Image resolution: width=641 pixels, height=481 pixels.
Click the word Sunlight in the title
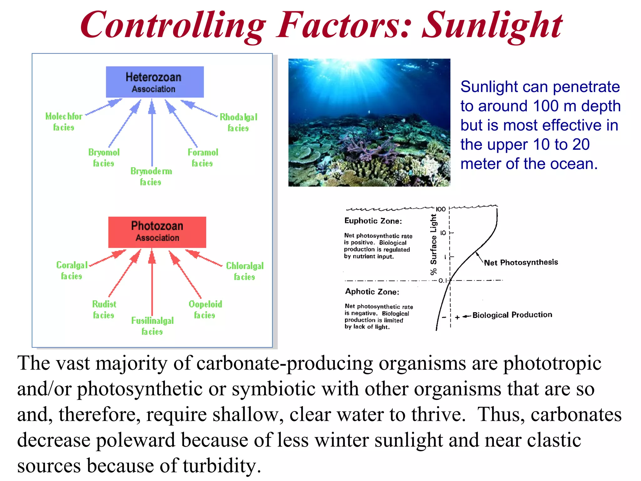tap(492, 25)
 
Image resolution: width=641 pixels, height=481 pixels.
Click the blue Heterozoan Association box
tap(155, 82)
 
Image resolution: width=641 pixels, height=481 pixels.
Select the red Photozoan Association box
tap(157, 232)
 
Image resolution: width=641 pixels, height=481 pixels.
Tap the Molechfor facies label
tap(64, 122)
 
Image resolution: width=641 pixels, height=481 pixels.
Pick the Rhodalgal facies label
tap(238, 122)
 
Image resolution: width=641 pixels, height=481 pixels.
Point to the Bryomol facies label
tap(104, 158)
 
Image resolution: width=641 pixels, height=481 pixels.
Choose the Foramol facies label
tap(203, 158)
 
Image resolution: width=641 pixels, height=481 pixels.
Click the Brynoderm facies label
tap(151, 176)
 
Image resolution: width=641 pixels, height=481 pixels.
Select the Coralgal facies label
tap(72, 270)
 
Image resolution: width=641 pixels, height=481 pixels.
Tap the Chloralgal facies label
tap(245, 271)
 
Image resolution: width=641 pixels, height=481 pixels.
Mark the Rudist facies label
tap(104, 309)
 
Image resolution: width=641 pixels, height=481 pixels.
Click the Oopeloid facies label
tap(205, 309)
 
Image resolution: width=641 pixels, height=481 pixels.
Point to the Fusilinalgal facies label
tap(152, 326)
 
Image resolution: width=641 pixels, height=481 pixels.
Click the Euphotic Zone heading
tap(373, 221)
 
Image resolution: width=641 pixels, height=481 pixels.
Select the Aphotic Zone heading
tap(372, 292)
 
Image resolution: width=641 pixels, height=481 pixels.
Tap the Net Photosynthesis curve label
tap(521, 262)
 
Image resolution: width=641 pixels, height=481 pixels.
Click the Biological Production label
tap(512, 315)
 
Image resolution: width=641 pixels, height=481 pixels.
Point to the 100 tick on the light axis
tap(440, 209)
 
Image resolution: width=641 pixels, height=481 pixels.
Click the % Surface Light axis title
tap(433, 244)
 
